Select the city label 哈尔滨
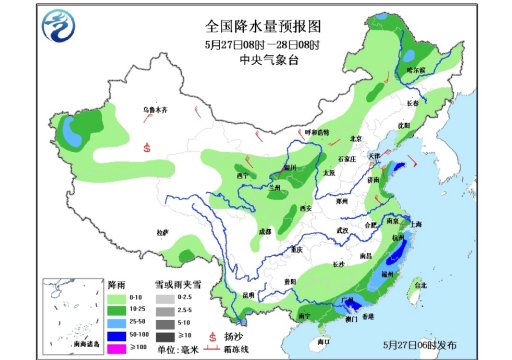pos(415,70)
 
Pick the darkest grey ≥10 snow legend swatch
pos(155,334)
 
